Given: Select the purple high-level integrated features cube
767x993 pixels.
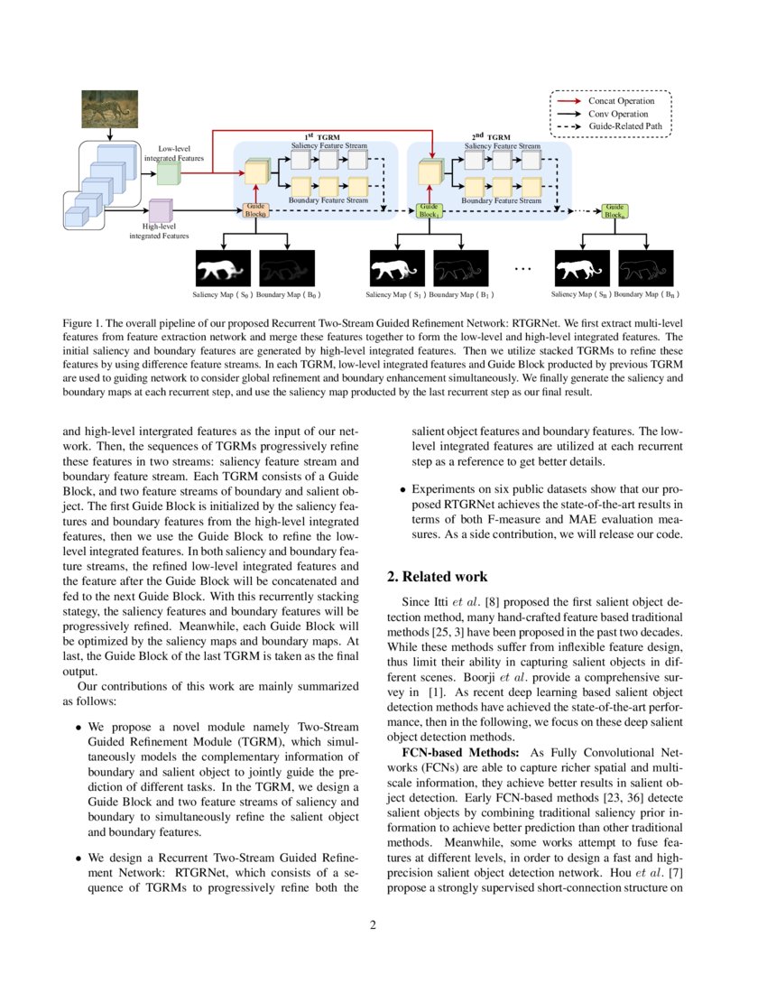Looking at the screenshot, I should tap(161, 211).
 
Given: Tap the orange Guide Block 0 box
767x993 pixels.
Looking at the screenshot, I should tap(256, 211).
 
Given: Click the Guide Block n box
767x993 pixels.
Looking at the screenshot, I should tap(615, 211).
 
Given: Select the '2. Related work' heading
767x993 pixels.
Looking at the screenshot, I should tap(437, 577).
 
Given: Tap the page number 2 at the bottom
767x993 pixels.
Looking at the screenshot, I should tap(383, 924).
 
